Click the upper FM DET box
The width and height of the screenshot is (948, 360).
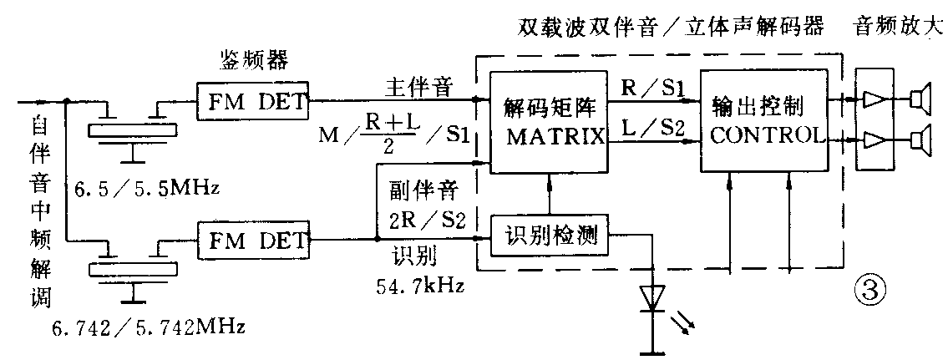click(252, 104)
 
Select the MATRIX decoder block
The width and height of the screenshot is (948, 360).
click(548, 122)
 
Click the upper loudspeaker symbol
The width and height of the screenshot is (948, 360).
click(920, 101)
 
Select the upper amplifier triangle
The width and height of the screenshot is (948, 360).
click(874, 101)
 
